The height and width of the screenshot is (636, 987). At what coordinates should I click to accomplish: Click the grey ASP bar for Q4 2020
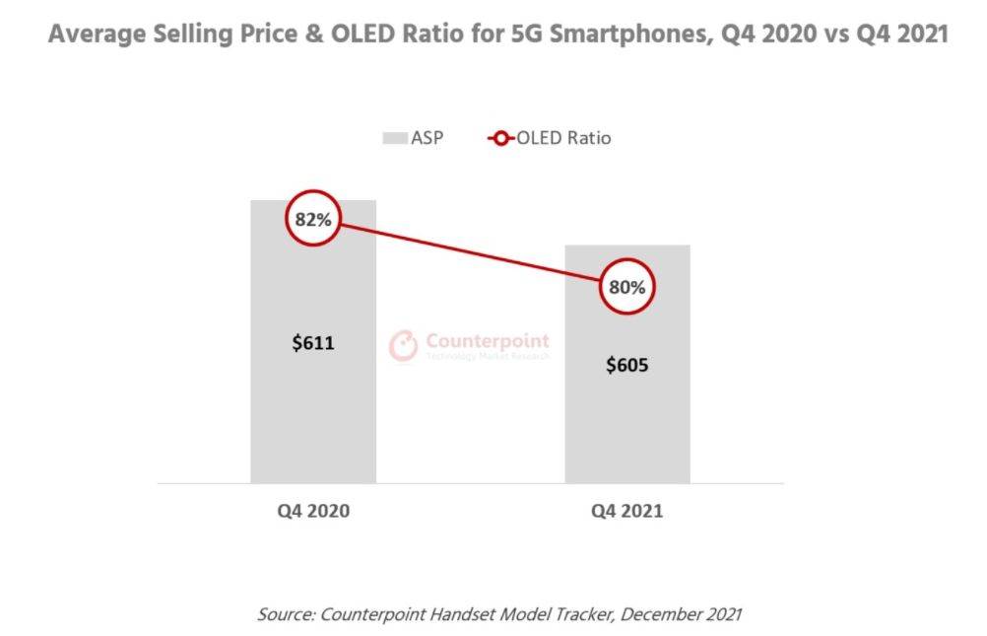click(312, 414)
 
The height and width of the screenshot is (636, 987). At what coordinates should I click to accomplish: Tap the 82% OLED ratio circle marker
click(313, 220)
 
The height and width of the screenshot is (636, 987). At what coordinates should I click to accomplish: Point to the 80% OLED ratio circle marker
click(626, 288)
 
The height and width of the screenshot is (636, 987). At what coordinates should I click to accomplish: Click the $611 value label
click(313, 344)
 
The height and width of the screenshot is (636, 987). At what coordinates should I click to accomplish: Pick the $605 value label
click(626, 365)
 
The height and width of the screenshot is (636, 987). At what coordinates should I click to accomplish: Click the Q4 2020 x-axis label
click(313, 512)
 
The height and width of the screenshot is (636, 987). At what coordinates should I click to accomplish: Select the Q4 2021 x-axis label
click(626, 512)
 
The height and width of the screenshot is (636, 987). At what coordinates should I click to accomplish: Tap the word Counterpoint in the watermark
click(488, 341)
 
